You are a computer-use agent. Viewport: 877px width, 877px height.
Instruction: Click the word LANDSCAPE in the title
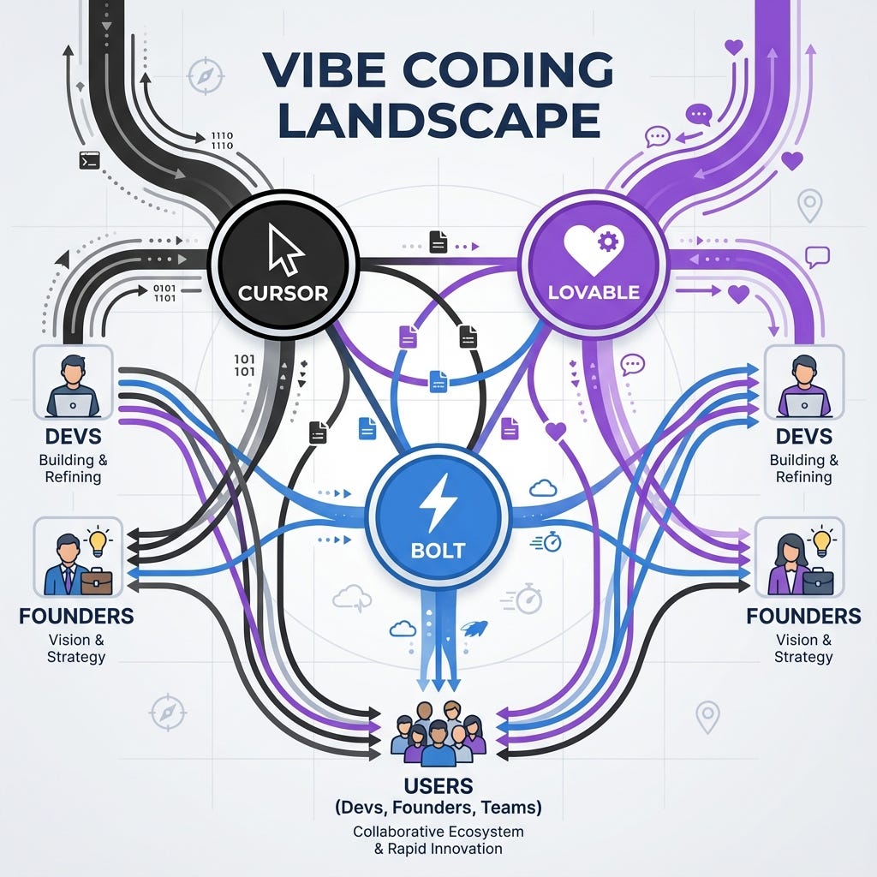[x=438, y=121]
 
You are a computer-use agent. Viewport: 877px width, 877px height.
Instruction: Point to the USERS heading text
[x=438, y=786]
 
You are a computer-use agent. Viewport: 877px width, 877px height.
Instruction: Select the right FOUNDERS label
[x=803, y=616]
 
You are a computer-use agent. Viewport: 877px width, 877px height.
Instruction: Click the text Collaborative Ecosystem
[x=438, y=832]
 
